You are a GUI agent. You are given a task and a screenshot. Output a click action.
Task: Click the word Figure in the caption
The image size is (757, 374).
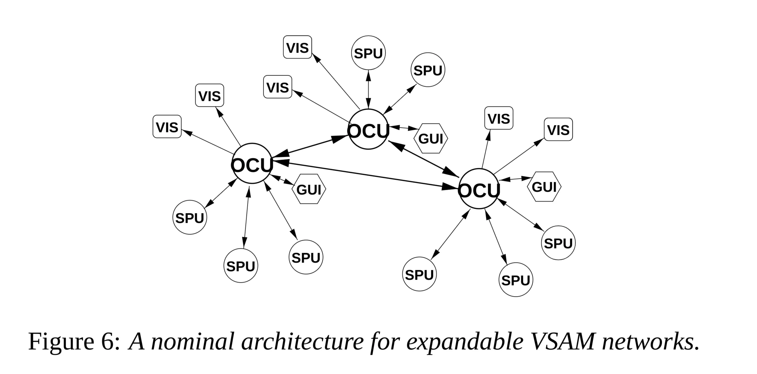pos(61,341)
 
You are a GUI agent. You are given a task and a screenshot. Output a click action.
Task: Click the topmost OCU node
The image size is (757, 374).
pos(368,129)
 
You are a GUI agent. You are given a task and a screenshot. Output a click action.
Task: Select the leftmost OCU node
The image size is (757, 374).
pos(252,163)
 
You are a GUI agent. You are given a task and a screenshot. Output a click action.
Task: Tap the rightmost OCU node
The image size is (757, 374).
pos(479,189)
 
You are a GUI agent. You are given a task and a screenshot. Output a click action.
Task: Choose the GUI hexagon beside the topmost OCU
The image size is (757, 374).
pos(431,138)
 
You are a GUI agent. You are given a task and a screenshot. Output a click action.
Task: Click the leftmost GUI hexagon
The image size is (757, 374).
pos(309,189)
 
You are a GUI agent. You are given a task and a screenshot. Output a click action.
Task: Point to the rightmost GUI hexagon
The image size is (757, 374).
pos(544,187)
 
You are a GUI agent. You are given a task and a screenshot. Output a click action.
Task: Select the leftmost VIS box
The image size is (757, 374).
pos(167,127)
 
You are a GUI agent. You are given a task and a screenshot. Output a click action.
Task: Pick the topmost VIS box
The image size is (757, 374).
pos(297,47)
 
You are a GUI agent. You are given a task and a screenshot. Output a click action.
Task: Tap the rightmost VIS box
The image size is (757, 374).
pos(558,129)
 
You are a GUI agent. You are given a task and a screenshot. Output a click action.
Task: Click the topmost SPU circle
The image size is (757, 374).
pos(368,53)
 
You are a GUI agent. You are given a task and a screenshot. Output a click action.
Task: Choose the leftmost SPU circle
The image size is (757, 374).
pos(190,217)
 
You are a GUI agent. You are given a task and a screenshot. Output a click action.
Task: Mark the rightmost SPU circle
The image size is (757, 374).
pos(558,243)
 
